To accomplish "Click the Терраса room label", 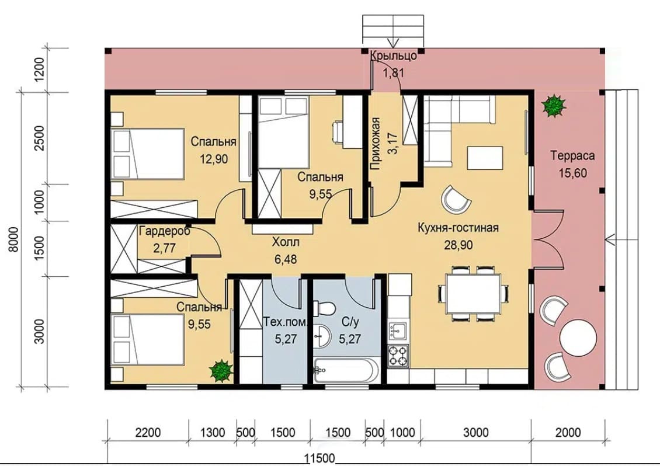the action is (573, 156).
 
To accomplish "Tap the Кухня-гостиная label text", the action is (458, 228).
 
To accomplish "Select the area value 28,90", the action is (458, 245).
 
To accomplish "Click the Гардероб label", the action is (165, 231).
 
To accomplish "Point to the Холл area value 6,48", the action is (286, 259).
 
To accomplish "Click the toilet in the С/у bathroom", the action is (324, 308).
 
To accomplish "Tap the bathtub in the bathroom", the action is (346, 370).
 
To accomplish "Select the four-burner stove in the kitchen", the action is (398, 356).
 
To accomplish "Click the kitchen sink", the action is (398, 331).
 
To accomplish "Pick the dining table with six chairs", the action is (474, 293).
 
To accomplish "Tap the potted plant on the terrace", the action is (553, 106).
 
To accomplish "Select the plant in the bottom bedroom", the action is (221, 370).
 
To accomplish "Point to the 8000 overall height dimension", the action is (14, 239).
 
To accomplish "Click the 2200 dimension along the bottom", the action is (148, 433).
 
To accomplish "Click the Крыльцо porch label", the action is (394, 55).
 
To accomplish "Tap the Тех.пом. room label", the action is (286, 322).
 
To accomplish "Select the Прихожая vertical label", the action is (376, 144).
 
